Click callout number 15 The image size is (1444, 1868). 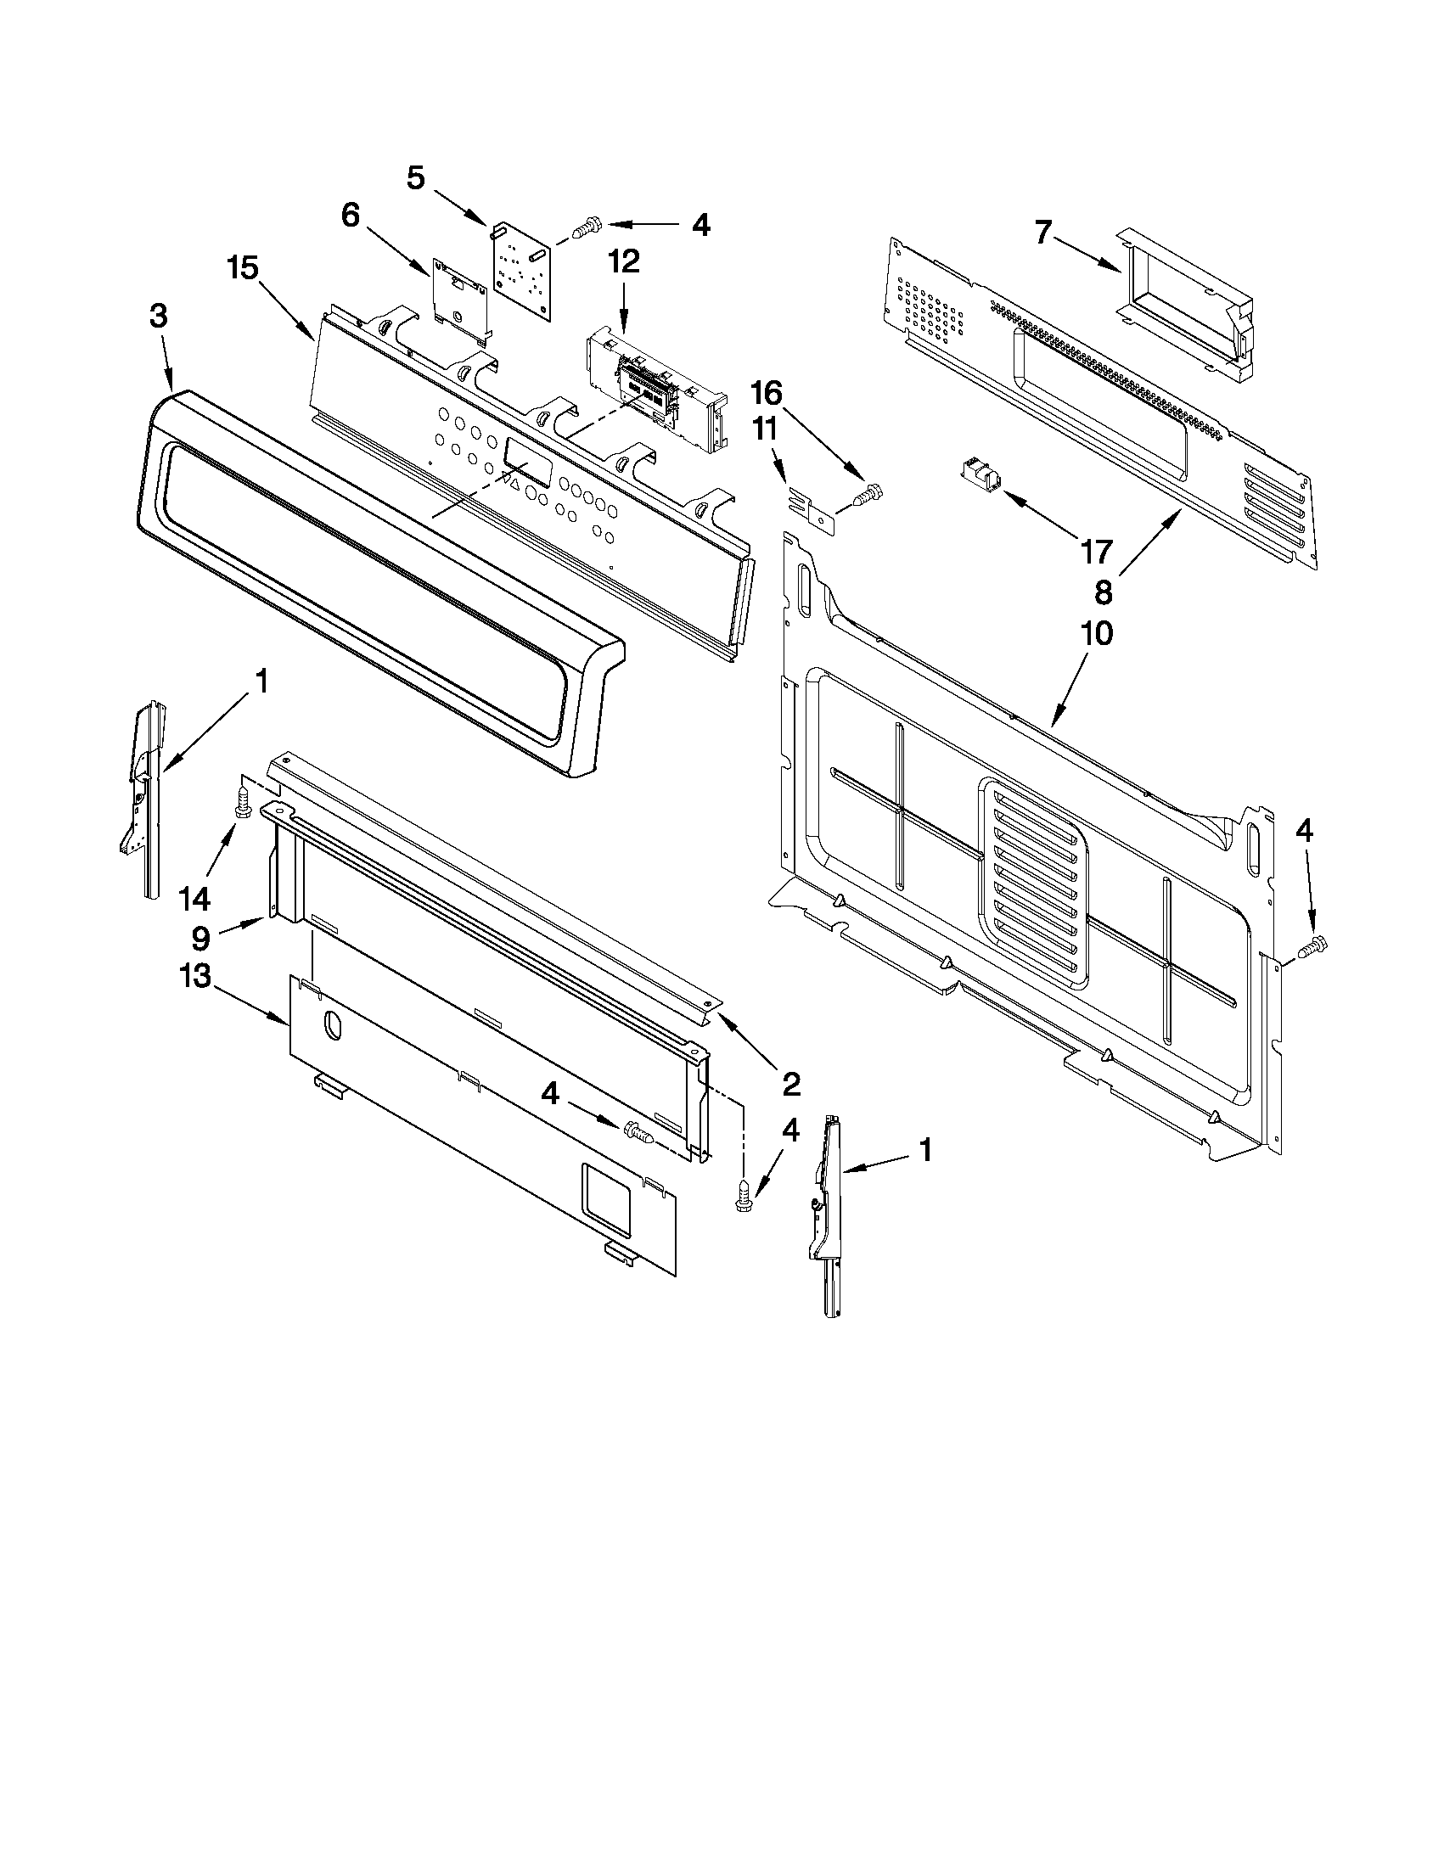click(x=243, y=268)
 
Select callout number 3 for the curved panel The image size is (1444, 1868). click(x=158, y=316)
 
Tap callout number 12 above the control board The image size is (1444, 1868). click(x=624, y=261)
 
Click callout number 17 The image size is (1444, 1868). click(x=1095, y=552)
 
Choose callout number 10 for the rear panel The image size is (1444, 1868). click(x=1098, y=634)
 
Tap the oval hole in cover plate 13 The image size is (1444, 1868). click(x=332, y=1026)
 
